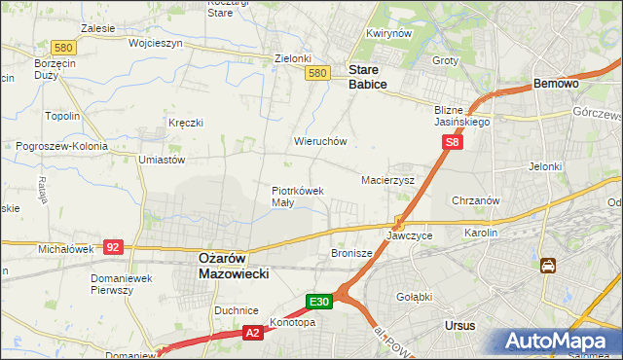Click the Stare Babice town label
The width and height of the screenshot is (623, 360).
(x=368, y=77)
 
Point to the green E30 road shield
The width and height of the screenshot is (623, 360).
(x=321, y=302)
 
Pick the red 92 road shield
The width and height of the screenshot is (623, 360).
(x=112, y=247)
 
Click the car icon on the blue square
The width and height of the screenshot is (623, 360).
(x=548, y=266)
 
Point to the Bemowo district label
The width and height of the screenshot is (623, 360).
(x=557, y=85)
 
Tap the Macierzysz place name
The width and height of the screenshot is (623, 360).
(x=387, y=180)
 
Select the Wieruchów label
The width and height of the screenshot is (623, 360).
(x=320, y=141)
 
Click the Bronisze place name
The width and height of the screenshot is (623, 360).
(x=351, y=253)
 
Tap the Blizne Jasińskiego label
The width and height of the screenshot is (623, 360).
(x=462, y=117)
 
